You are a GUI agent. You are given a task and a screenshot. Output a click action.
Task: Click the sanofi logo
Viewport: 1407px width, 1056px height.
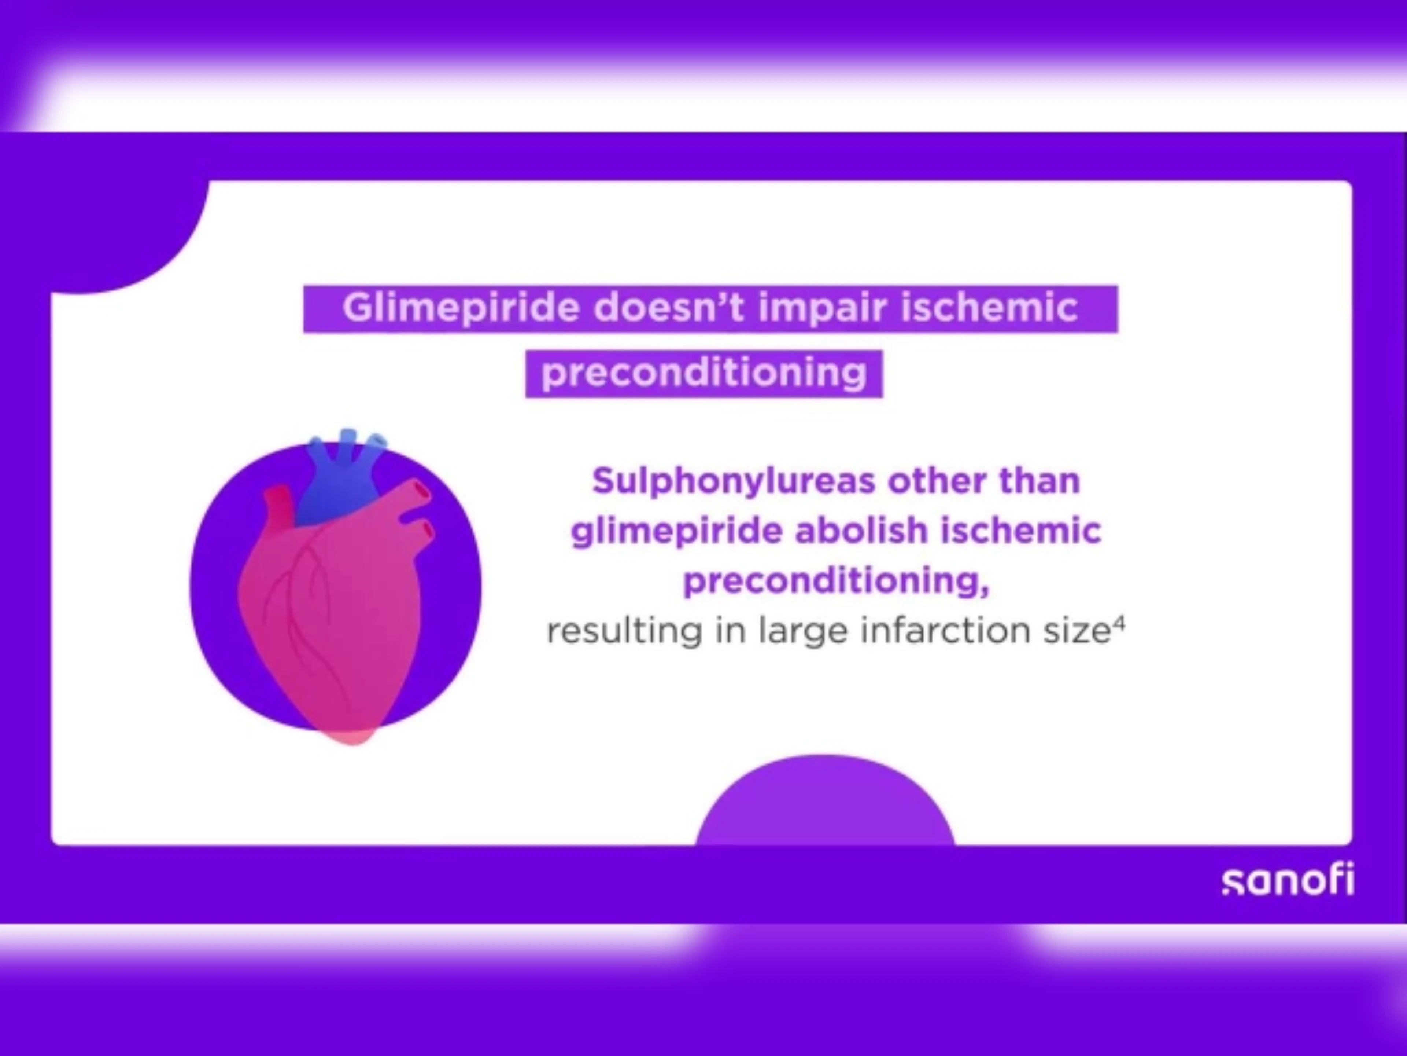pos(1288,880)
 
